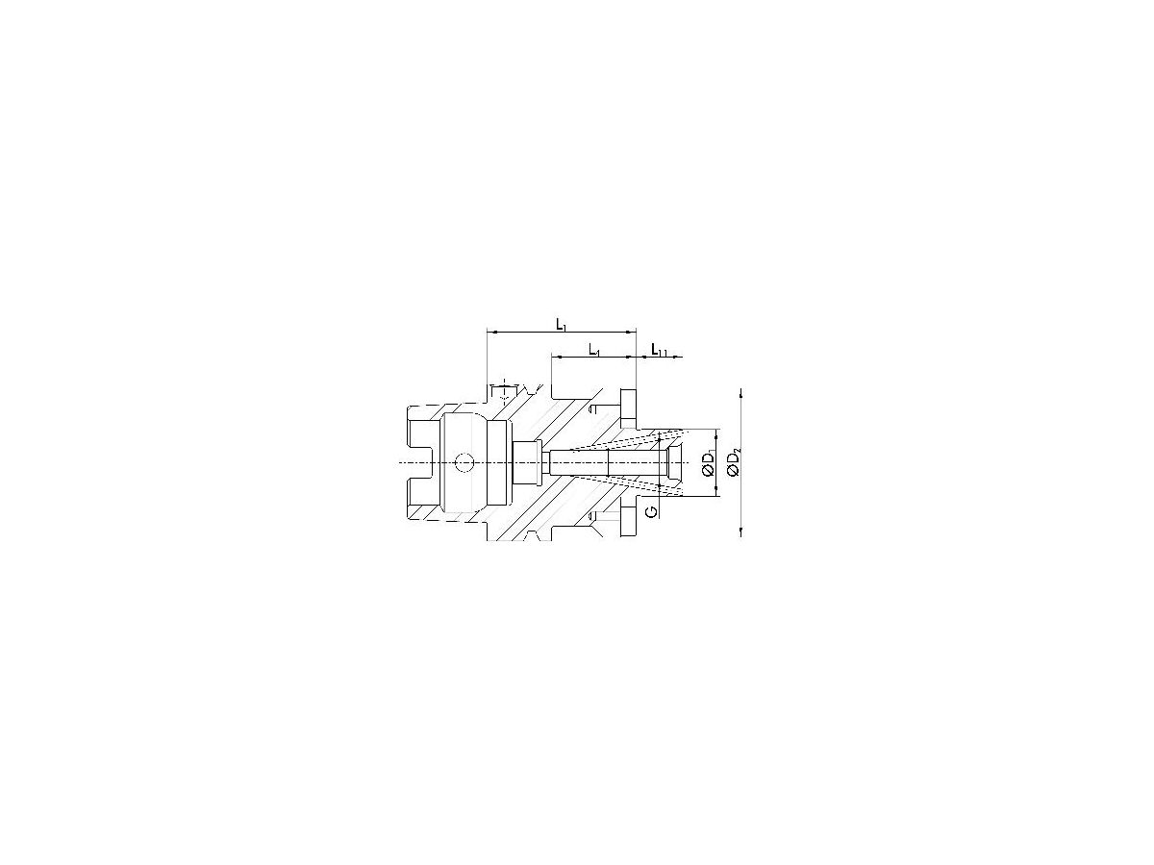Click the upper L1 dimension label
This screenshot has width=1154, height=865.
562,325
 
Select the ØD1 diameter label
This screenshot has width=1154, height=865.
709,464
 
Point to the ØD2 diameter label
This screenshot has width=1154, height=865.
735,464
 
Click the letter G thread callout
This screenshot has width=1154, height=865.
652,510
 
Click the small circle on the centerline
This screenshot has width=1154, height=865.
464,463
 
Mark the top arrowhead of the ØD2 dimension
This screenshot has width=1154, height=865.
741,393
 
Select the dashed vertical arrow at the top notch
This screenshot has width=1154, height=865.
501,391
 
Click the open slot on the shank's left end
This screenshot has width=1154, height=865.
417,463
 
